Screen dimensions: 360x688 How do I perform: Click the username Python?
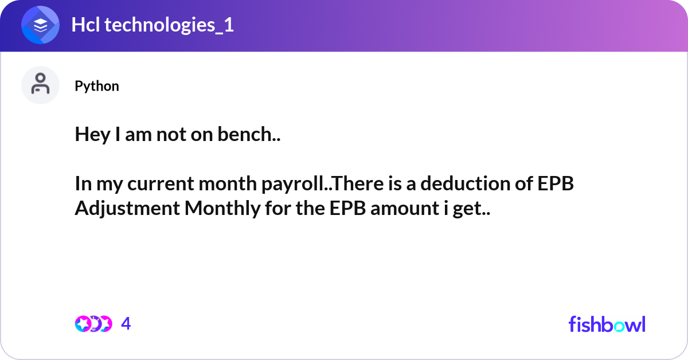pos(97,86)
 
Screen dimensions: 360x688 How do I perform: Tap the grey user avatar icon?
pos(40,85)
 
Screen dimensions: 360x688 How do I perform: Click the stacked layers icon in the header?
pos(40,26)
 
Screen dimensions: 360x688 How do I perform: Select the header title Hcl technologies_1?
pos(153,26)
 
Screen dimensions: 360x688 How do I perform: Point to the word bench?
pos(252,135)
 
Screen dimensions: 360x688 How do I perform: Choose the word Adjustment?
pos(127,209)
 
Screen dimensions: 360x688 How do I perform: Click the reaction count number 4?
pos(126,324)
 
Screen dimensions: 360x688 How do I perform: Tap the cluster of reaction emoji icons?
pos(93,324)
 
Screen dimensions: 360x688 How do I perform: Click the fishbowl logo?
pos(607,324)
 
